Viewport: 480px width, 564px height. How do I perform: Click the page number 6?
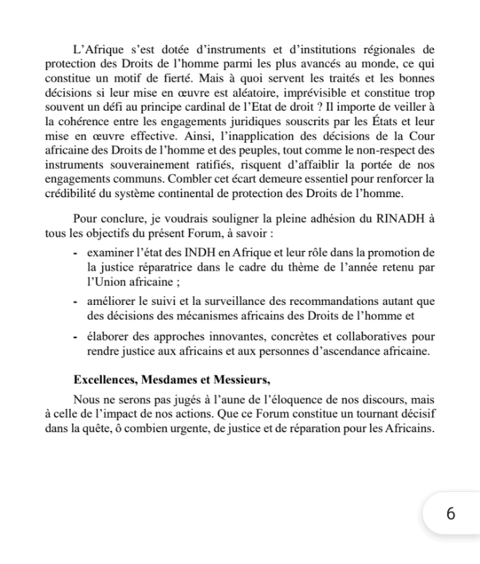point(450,514)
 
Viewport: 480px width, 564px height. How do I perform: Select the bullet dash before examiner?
point(76,253)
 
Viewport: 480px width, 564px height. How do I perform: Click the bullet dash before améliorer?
point(76,301)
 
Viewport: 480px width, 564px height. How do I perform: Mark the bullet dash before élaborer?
point(76,336)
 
